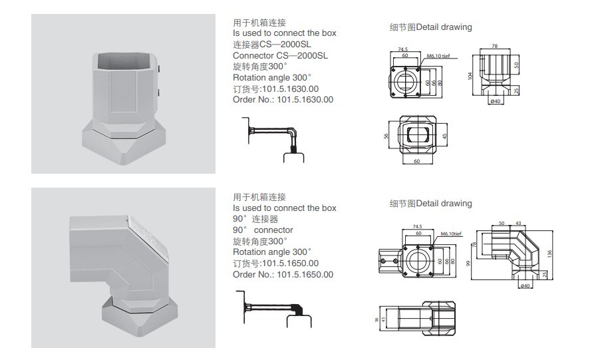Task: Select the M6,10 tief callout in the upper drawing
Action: [x=439, y=57]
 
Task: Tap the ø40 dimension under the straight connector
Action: [x=495, y=101]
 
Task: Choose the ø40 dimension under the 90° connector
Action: [x=525, y=286]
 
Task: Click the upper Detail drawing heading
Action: [x=430, y=27]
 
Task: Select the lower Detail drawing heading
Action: [x=430, y=204]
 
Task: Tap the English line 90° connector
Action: [x=263, y=230]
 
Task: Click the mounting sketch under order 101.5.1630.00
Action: [x=273, y=139]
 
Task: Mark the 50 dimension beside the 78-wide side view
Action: [x=516, y=65]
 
